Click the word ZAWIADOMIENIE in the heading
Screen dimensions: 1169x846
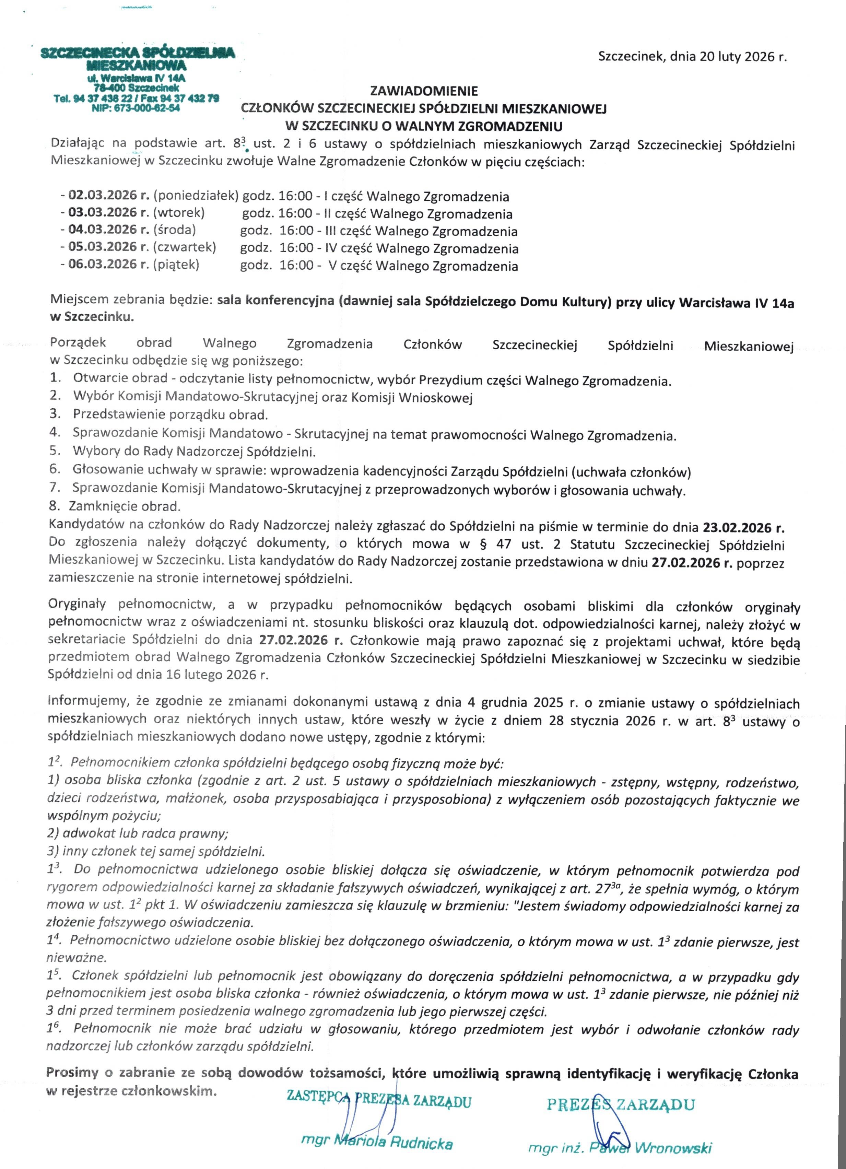pos(424,91)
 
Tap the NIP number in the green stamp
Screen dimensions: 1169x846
pos(136,108)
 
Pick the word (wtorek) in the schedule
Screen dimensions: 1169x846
pos(179,212)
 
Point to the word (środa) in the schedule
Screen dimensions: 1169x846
pos(174,230)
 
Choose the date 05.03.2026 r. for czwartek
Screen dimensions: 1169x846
pos(109,247)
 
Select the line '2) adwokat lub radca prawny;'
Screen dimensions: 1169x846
pos(138,833)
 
